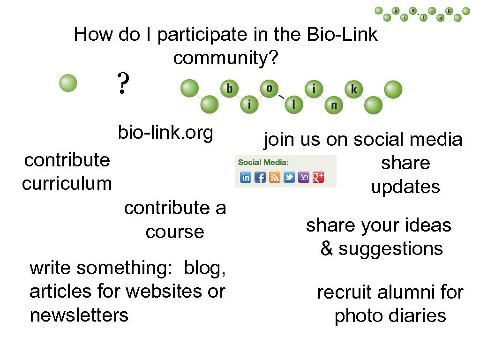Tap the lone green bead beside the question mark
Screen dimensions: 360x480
coord(68,83)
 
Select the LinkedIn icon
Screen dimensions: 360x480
coord(246,177)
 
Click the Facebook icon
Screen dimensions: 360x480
coord(260,177)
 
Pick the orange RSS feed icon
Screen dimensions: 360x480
coord(275,177)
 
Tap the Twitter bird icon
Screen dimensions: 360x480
coord(289,177)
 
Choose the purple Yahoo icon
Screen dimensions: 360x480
coord(304,177)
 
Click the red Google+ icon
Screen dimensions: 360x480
coord(318,177)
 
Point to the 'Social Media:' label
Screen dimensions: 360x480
coord(263,163)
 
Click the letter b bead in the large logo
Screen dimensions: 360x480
coord(229,89)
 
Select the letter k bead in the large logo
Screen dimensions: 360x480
coord(353,89)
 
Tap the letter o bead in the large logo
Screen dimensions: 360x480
coord(269,89)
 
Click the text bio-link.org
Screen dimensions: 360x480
coord(165,133)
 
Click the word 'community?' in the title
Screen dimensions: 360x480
coord(226,58)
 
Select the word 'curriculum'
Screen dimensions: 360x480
coord(67,183)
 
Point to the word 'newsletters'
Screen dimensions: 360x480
coord(79,315)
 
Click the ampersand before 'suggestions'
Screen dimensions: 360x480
coord(327,248)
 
